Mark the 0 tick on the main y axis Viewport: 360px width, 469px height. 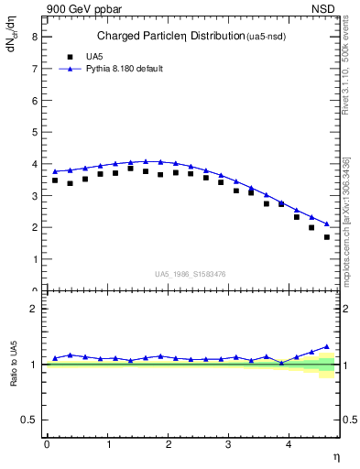[37, 290]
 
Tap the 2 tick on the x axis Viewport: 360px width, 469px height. [168, 444]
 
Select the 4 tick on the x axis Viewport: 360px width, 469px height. [289, 444]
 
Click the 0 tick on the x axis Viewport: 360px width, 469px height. [47, 444]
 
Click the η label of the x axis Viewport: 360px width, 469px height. [335, 456]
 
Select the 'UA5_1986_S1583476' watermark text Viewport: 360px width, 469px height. [191, 273]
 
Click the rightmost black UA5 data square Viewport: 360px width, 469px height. [327, 237]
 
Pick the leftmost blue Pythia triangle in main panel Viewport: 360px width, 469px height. [55, 171]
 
